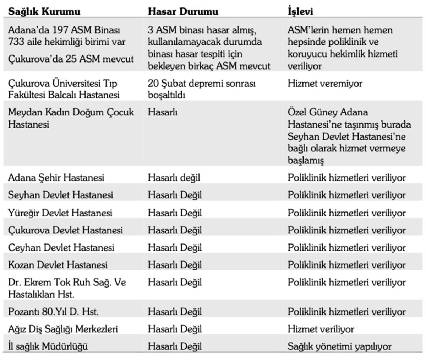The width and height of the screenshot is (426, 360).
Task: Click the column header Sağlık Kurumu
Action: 44,11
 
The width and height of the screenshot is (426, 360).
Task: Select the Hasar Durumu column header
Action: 183,11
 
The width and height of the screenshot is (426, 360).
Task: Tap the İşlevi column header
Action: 300,11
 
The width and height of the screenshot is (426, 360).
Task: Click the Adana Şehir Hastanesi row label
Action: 56,177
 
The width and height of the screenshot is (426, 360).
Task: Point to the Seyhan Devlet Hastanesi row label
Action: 60,195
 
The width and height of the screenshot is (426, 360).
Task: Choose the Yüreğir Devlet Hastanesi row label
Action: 60,213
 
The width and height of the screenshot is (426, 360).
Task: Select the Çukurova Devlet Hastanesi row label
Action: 65,230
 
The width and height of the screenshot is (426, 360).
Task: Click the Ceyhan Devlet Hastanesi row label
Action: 61,247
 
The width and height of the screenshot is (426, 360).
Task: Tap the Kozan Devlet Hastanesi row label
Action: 58,265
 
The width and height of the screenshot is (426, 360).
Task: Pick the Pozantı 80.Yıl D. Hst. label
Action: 53,312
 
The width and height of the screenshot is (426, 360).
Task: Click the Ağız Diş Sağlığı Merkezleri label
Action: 63,329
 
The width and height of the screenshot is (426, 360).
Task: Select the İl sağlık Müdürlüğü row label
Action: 48,346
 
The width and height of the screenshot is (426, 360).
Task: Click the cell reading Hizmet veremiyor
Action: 325,84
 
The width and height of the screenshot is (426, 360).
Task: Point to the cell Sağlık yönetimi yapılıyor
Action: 339,346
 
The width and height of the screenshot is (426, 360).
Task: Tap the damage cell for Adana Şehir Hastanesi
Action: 174,177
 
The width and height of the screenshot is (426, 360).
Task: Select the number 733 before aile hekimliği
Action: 16,42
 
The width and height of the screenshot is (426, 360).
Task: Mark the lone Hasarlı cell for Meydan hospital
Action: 163,112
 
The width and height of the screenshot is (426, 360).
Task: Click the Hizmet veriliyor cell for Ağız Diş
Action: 321,329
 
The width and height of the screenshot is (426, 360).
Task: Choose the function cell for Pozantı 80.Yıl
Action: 346,312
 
